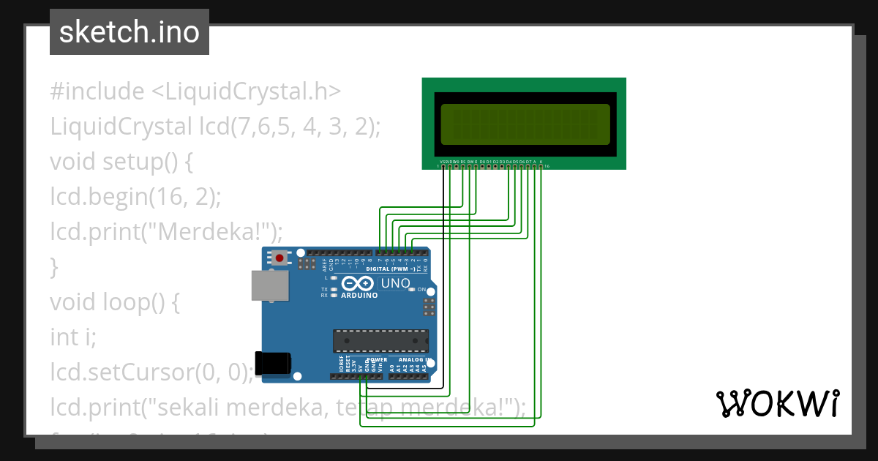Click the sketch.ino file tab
(x=130, y=32)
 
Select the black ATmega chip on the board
(x=380, y=340)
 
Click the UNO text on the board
(x=396, y=283)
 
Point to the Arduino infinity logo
(x=359, y=283)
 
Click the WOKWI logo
(x=778, y=403)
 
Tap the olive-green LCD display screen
(x=525, y=124)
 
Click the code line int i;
(x=73, y=337)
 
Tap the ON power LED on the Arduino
(x=412, y=290)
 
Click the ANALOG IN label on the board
(x=414, y=360)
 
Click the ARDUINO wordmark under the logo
(x=359, y=296)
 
